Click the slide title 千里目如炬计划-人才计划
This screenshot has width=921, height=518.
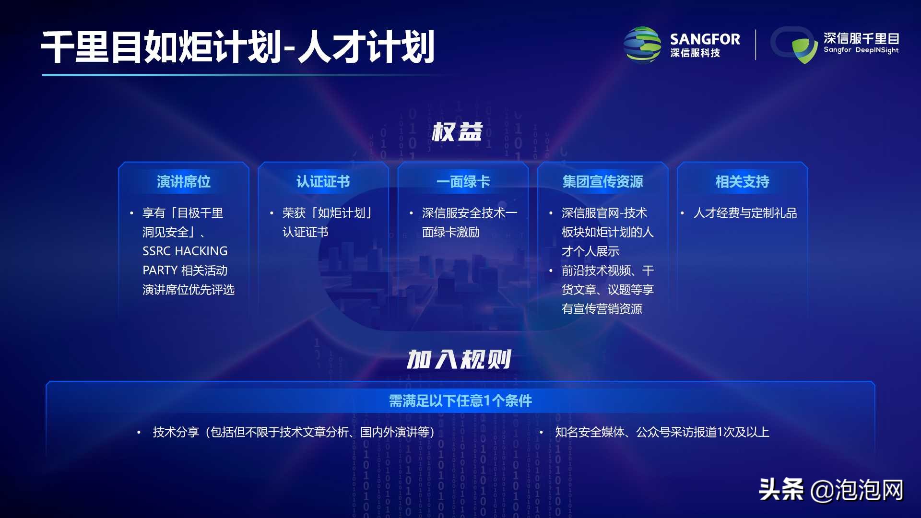237,47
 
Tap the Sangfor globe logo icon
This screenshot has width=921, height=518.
642,45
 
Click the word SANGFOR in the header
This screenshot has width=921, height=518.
705,39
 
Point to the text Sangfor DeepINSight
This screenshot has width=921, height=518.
861,50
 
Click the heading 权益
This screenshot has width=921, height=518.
457,131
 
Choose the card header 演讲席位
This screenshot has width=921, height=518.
184,182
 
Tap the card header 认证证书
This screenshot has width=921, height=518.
323,182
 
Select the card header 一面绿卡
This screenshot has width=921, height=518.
463,182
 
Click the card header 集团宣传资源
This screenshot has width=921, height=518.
602,182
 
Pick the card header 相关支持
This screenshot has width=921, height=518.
742,182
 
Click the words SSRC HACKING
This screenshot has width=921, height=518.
185,251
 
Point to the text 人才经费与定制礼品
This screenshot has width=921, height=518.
745,213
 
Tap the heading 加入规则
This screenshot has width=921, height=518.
459,359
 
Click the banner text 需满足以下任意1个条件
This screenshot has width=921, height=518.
460,400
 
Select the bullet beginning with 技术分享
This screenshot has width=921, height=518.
294,432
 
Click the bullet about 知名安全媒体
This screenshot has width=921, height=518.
662,432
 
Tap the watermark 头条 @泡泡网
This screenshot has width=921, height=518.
831,490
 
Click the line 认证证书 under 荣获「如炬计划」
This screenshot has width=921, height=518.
306,232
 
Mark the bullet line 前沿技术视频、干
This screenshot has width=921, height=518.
607,271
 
